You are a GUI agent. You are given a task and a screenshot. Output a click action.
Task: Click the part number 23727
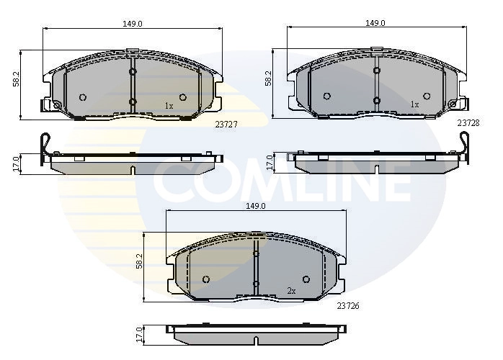226,125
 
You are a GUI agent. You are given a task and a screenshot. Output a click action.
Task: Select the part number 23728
468,123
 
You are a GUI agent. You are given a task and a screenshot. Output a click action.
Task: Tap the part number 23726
348,306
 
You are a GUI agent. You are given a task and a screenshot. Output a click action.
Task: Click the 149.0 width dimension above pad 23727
133,24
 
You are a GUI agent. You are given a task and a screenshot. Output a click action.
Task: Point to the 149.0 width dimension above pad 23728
375,23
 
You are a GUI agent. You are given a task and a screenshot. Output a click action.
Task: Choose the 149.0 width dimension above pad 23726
256,206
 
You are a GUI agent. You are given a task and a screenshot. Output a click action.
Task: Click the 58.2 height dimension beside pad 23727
17,78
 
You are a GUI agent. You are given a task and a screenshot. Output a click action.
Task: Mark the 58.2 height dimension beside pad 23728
268,78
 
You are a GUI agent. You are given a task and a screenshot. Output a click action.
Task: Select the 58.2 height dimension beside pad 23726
139,261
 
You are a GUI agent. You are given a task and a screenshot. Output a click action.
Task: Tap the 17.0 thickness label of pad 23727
17,164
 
